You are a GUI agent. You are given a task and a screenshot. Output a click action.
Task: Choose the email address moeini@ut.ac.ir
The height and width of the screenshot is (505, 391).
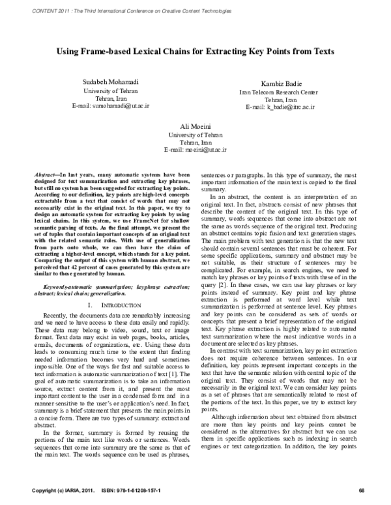tap(195, 149)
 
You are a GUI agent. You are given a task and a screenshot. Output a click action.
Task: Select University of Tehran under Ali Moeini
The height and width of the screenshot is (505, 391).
tap(195, 133)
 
